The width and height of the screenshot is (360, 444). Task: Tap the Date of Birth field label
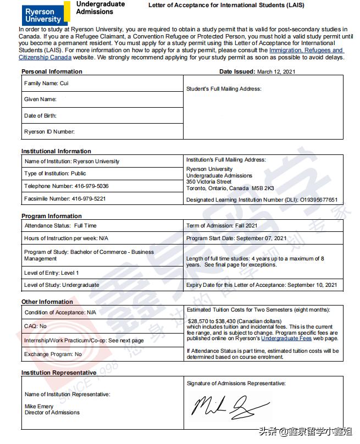click(40, 115)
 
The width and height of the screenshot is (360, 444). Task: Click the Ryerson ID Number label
click(49, 131)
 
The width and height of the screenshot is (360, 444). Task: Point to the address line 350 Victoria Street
click(209, 181)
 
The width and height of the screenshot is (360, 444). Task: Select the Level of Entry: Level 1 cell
click(52, 273)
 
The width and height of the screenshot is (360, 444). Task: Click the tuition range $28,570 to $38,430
click(231, 320)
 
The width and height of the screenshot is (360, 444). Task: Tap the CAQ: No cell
click(36, 326)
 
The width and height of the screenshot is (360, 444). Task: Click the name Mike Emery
click(39, 406)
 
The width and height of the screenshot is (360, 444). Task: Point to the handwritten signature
click(231, 406)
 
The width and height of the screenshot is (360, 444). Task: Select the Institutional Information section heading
click(56, 151)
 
